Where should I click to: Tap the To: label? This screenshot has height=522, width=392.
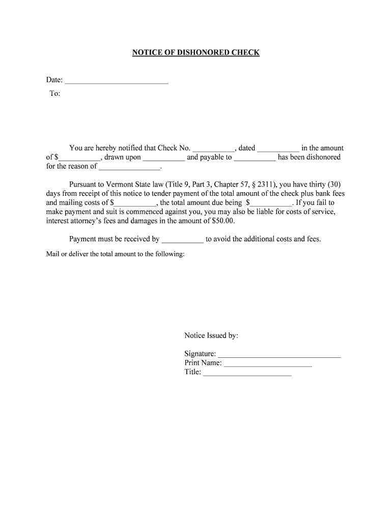pos(54,93)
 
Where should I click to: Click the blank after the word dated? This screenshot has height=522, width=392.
pos(278,149)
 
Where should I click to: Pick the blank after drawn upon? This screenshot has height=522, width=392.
pos(164,158)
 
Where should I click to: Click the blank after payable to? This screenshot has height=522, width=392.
pos(255,158)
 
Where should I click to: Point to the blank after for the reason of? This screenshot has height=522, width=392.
pos(129,167)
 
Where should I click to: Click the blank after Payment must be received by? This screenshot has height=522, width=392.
pos(182,240)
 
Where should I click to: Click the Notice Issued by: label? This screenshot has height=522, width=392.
pos(211,335)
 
